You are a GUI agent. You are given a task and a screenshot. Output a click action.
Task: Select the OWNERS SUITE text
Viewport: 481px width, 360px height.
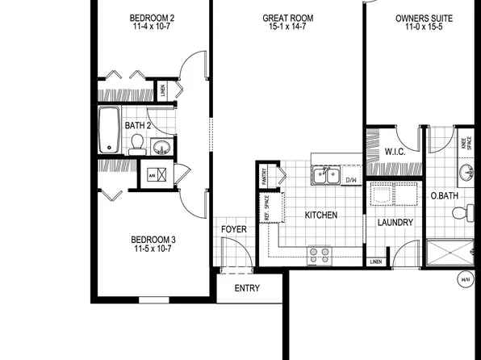(424, 17)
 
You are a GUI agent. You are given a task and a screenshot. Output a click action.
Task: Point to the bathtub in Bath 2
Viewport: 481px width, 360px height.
(109, 131)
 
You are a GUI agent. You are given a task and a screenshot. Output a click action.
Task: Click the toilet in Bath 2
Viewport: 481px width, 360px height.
(137, 144)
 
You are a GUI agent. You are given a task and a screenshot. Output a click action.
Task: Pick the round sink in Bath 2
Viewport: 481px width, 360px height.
(161, 148)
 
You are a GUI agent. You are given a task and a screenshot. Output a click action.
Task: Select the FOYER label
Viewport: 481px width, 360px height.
(234, 229)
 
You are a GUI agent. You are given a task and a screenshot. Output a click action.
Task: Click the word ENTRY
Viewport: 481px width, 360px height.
(246, 288)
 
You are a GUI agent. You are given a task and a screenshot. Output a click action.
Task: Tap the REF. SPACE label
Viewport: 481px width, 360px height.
(267, 208)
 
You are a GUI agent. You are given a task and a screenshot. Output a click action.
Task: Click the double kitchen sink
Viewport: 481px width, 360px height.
(326, 174)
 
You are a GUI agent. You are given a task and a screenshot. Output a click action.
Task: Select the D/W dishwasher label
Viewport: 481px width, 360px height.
(351, 179)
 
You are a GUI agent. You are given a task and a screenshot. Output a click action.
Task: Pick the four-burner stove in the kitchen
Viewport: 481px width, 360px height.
(320, 255)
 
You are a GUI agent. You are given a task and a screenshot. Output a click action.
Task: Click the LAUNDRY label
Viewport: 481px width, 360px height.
(395, 223)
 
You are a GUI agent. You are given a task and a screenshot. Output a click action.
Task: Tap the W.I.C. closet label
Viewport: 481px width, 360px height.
(395, 152)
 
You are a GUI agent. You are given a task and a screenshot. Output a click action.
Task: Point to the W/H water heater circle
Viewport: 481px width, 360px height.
(466, 280)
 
